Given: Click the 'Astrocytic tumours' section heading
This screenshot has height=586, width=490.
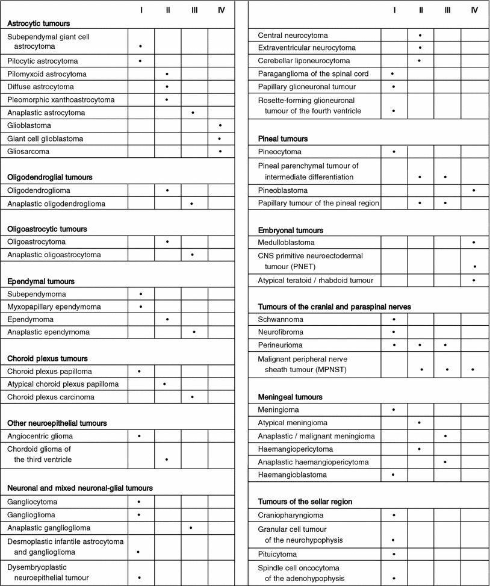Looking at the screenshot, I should point(39,23).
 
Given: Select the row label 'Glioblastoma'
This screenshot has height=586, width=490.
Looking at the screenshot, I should point(29,125).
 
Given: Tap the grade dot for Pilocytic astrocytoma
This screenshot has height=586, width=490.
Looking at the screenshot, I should point(140,61).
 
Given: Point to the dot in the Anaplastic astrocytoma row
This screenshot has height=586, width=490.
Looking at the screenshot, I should point(193,113).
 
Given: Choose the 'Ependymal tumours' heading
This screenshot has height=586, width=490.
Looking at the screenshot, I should point(37,281).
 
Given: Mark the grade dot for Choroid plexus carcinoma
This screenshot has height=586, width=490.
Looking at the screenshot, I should point(193,397).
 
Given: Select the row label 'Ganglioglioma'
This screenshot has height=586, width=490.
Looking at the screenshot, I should point(31,514).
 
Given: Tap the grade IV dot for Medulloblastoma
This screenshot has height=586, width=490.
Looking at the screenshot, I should point(474,243).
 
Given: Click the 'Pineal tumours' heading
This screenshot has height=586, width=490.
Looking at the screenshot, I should point(282,139).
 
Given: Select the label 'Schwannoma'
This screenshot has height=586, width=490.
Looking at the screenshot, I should point(281,319).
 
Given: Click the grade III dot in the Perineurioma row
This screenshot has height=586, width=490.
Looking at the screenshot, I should point(445,345).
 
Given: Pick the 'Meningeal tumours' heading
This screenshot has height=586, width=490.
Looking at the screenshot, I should point(290,397).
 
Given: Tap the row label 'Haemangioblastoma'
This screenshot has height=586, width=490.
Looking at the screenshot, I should point(293,475).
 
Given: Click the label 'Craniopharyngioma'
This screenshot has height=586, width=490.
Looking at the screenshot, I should point(291,515).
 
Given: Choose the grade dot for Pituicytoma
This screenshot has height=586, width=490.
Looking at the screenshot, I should point(393,553).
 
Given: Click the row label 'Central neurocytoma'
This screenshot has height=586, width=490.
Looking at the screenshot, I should point(293,36).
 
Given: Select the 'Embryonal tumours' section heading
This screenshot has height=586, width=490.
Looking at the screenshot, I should point(290,230).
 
